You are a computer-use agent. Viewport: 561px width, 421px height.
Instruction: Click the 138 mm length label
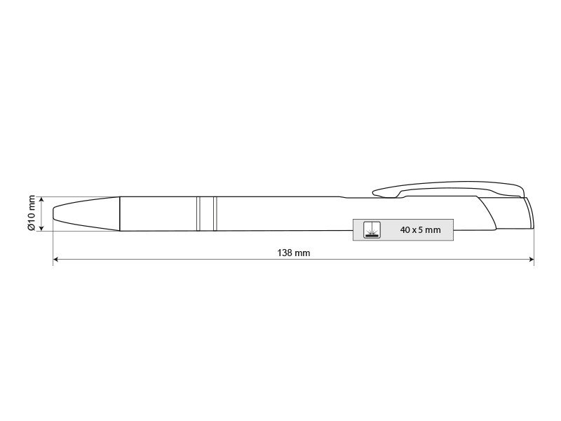(x=294, y=253)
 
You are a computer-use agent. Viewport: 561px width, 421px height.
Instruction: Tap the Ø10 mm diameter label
(x=32, y=213)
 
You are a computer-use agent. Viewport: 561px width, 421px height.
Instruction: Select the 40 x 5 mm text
(x=420, y=230)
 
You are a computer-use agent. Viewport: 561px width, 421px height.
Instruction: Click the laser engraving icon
(x=372, y=230)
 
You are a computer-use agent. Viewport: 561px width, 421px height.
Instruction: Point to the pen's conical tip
(x=86, y=214)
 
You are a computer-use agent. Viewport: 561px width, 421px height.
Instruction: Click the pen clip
(x=447, y=189)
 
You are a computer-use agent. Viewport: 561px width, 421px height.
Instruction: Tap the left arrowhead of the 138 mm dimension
(x=56, y=259)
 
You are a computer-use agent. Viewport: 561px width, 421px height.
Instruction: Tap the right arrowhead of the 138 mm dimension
(x=531, y=259)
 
